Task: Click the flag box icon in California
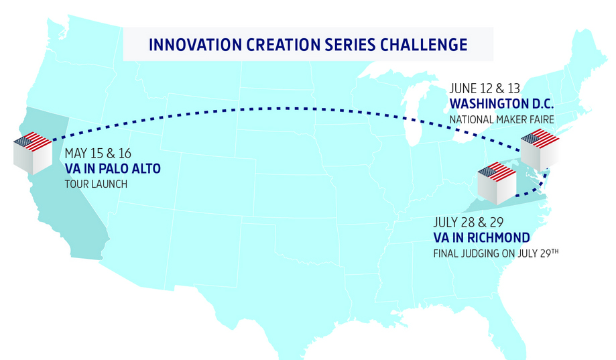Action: pos(33,152)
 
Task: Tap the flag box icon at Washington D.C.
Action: pos(540,149)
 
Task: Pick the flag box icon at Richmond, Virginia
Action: pos(497,182)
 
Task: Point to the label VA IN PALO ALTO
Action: pos(113,168)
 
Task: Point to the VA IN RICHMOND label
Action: pos(481,238)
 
